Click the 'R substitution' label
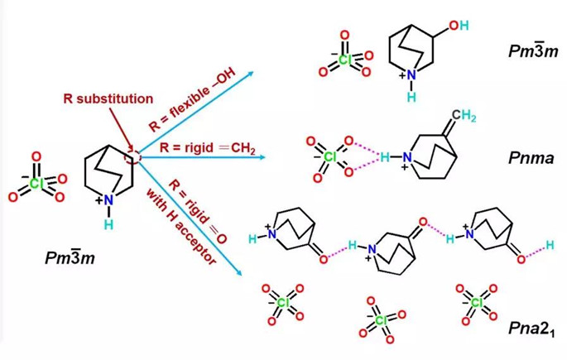click(108, 98)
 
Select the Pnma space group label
click(531, 157)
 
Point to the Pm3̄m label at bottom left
click(70, 257)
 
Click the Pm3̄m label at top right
click(533, 50)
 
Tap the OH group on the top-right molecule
click(459, 26)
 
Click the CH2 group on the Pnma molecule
click(464, 116)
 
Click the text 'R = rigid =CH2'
click(208, 148)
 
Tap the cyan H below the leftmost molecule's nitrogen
click(108, 225)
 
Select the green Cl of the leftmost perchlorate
click(36, 184)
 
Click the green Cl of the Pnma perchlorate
click(329, 157)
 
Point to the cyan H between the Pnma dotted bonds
click(385, 157)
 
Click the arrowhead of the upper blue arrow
click(252, 73)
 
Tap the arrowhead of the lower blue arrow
click(238, 273)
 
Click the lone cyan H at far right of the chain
click(550, 245)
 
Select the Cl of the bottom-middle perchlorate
click(381, 320)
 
